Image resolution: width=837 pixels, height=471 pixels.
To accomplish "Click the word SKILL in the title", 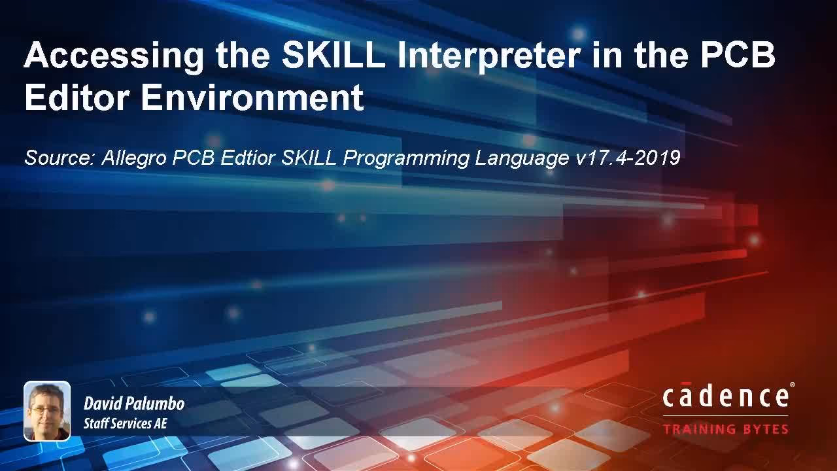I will pyautogui.click(x=333, y=56).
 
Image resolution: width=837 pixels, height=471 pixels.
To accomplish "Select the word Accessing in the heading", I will pyautogui.click(x=114, y=56).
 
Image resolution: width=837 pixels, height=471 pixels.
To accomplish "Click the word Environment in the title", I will pyautogui.click(x=252, y=97).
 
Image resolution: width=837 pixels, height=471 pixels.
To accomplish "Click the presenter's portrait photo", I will pyautogui.click(x=47, y=411).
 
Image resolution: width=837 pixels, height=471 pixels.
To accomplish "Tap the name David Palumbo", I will pyautogui.click(x=134, y=404).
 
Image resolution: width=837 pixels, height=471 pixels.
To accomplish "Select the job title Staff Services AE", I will pyautogui.click(x=125, y=424).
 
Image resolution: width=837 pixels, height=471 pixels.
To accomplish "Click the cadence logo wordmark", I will pyautogui.click(x=725, y=398).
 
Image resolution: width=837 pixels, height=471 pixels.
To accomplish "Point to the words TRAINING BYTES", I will pyautogui.click(x=725, y=430).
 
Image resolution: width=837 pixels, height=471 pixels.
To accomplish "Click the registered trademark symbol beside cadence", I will pyautogui.click(x=793, y=386).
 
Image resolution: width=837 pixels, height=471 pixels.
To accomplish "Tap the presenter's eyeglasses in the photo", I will pyautogui.click(x=45, y=409).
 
